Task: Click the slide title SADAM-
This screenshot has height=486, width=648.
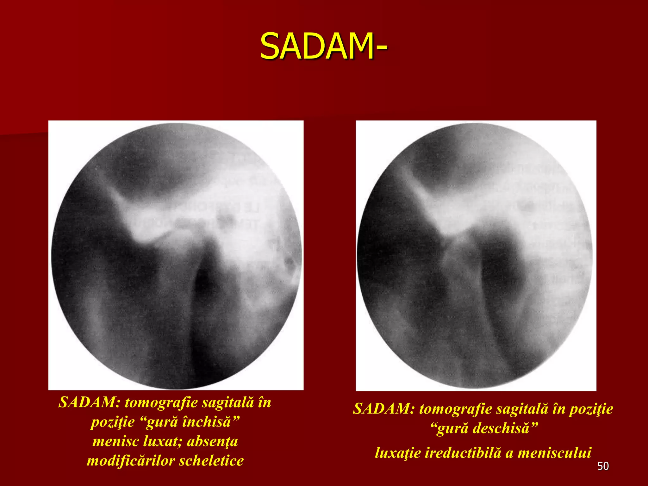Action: pos(323,47)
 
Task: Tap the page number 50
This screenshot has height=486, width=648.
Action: pos(603,466)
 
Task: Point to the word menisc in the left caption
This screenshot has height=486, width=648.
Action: pos(115,441)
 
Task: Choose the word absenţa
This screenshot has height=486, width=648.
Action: pos(212,441)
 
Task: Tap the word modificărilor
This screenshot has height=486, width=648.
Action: pos(131,461)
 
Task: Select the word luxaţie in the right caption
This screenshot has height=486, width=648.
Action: pos(398,453)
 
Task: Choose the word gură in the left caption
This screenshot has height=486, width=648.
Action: pos(162,422)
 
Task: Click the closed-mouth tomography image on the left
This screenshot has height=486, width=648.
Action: pos(176,255)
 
